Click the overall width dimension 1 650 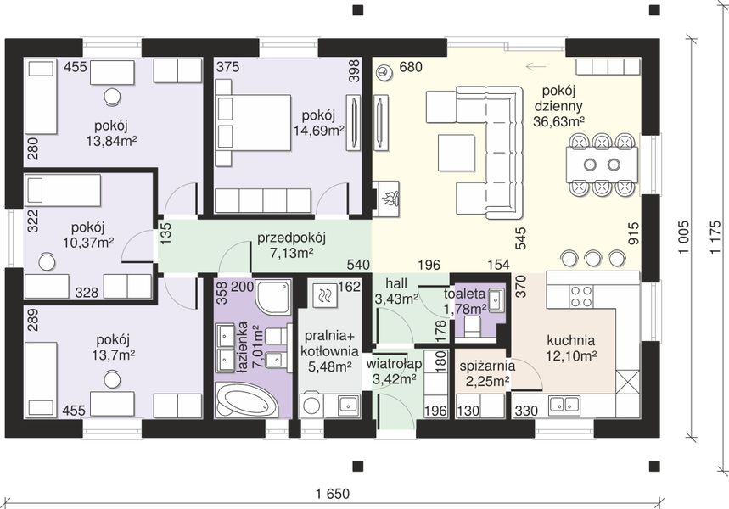pyautogui.click(x=333, y=493)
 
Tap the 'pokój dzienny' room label pyautogui.click(x=558, y=98)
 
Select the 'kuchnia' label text pyautogui.click(x=571, y=341)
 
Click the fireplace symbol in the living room pyautogui.click(x=387, y=199)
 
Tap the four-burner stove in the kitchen pyautogui.click(x=581, y=297)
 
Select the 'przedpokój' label pyautogui.click(x=291, y=238)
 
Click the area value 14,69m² pyautogui.click(x=318, y=131)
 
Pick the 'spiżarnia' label pyautogui.click(x=487, y=366)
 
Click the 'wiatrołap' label pyautogui.click(x=394, y=363)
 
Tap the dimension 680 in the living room pyautogui.click(x=411, y=67)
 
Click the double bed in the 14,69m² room pyautogui.click(x=254, y=123)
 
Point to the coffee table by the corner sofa pyautogui.click(x=456, y=153)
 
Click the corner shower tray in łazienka pyautogui.click(x=273, y=297)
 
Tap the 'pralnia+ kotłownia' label pyautogui.click(x=329, y=343)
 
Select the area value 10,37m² pyautogui.click(x=88, y=242)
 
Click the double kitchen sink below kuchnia pyautogui.click(x=564, y=405)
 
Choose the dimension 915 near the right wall pyautogui.click(x=633, y=234)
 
